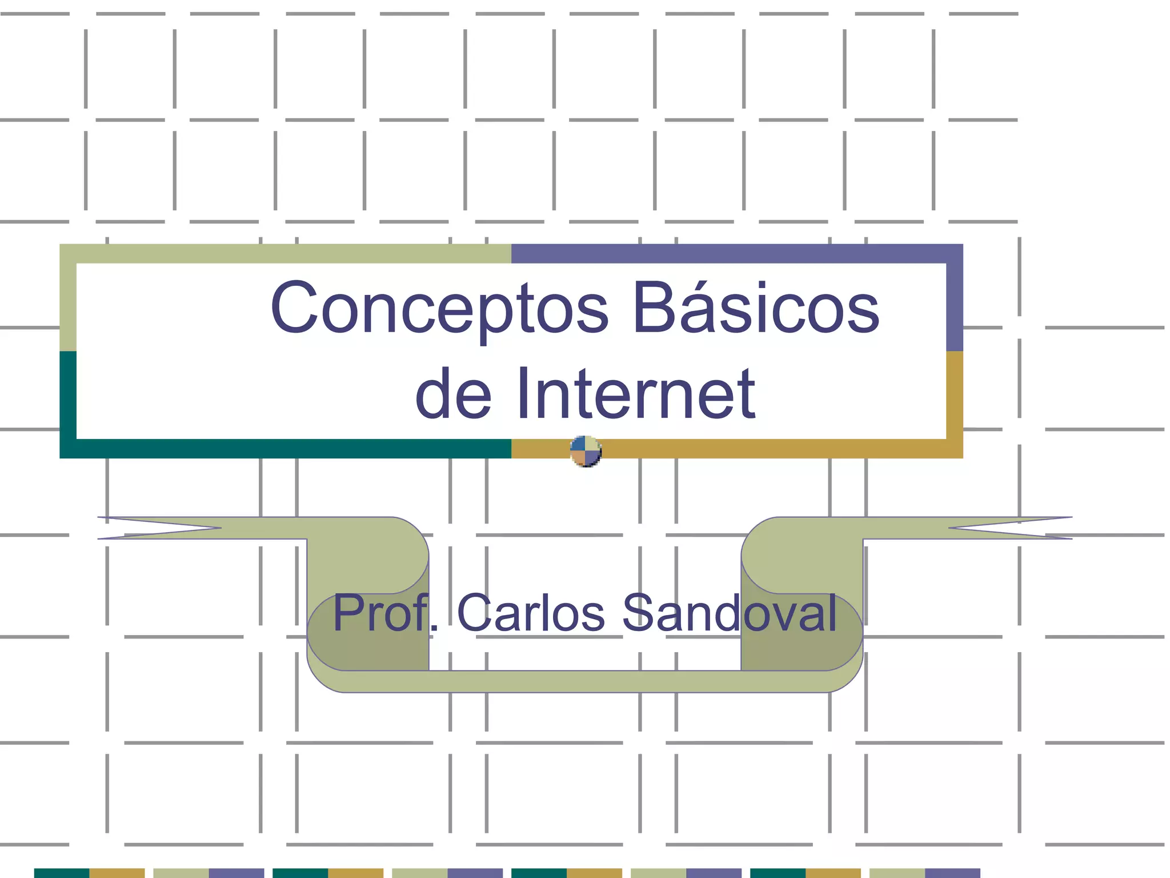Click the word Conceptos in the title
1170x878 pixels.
440,309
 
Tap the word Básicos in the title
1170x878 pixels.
756,309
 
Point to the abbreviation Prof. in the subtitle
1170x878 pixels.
386,613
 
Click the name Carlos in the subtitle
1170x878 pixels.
531,613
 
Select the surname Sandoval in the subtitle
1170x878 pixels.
730,613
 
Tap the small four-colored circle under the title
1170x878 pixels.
586,452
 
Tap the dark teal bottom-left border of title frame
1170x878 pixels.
286,449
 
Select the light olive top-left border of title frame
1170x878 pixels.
286,254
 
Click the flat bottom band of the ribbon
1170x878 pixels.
585,681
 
